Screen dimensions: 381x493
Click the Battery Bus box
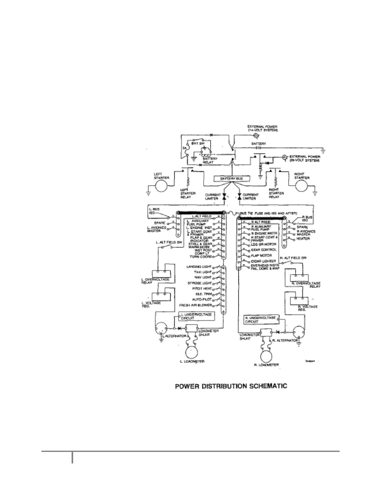coord(231,179)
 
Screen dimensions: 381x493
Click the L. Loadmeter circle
coord(192,352)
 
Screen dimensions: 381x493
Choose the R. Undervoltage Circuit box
coord(261,320)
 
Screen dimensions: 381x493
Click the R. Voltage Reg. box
coord(299,301)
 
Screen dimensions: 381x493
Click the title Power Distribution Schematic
coord(231,386)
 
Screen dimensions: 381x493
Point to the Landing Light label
coord(199,267)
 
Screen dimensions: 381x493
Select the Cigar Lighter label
coord(263,261)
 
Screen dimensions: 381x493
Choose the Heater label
coord(303,239)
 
